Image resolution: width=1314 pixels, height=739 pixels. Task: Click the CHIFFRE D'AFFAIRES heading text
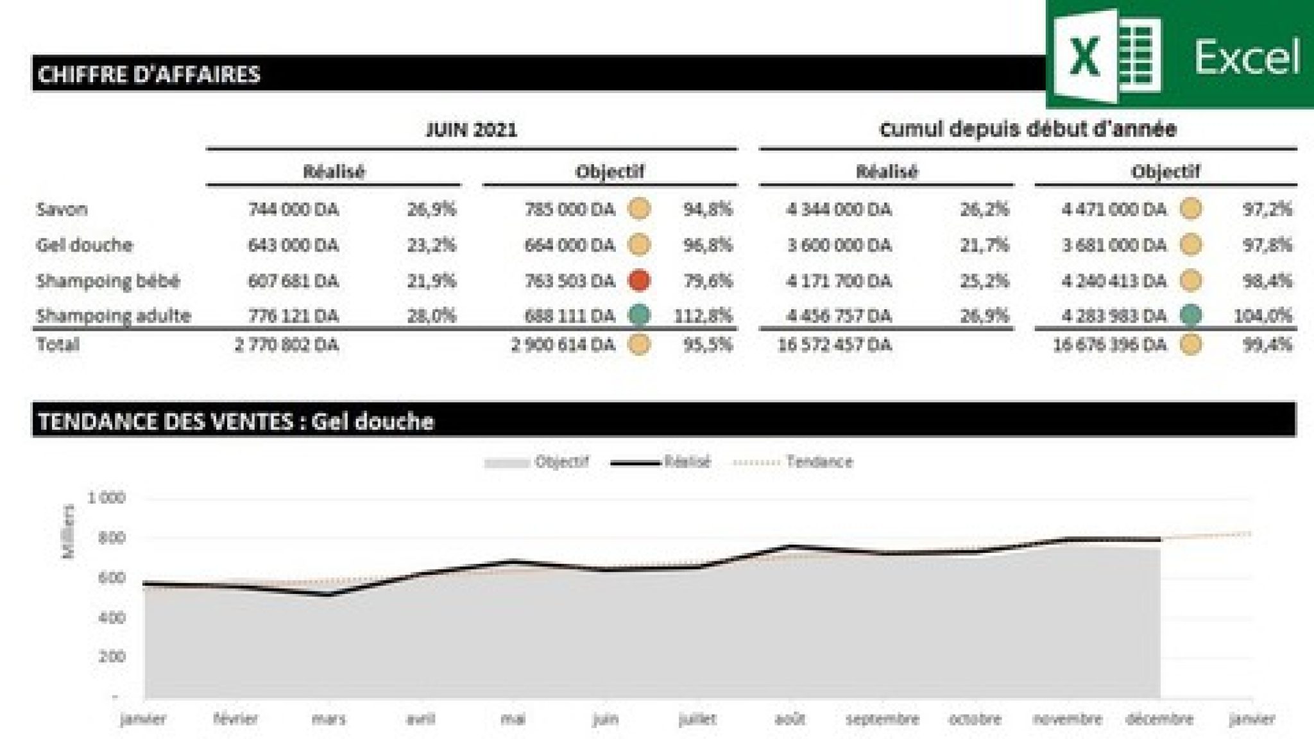149,74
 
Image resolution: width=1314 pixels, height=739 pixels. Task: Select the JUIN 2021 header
472,130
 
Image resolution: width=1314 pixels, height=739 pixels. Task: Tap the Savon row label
62,209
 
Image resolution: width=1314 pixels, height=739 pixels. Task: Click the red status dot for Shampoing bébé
639,280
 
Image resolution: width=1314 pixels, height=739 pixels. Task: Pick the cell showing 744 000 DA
293,209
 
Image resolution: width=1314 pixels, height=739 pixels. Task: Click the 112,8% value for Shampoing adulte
703,316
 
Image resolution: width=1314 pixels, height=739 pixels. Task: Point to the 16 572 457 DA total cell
834,345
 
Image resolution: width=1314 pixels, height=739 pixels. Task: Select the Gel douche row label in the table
85,245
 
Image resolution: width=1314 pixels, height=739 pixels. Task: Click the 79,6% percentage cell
708,281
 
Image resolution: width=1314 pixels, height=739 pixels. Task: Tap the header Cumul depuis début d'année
1028,130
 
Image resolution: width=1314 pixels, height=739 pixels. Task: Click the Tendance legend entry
819,462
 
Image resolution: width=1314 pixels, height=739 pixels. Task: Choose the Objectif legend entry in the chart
561,462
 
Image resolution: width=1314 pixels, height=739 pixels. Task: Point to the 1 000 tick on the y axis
107,497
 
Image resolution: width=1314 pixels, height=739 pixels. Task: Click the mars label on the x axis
329,719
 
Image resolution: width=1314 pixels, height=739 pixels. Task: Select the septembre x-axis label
882,719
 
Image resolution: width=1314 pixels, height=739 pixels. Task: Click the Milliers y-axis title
68,532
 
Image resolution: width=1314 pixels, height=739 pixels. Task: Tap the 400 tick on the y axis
112,618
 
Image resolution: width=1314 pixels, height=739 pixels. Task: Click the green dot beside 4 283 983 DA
1191,315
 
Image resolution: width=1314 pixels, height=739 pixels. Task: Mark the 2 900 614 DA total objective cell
563,345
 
